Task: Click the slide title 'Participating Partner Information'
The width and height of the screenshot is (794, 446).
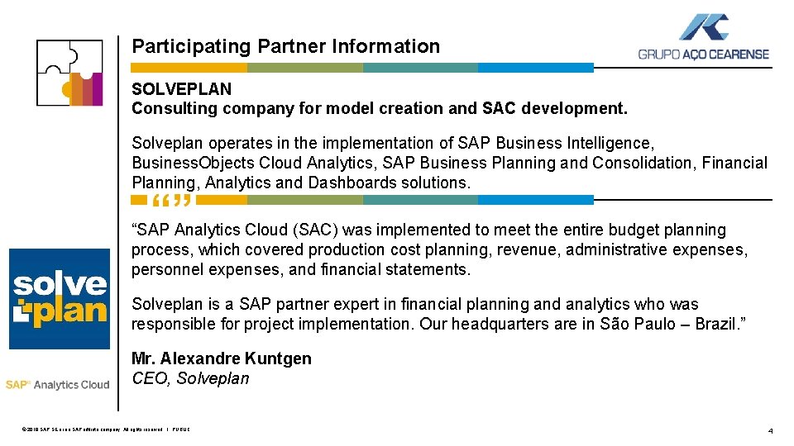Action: [x=286, y=46]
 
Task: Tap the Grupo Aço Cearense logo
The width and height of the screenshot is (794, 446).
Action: [x=703, y=39]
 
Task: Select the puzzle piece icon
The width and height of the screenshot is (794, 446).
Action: [x=69, y=72]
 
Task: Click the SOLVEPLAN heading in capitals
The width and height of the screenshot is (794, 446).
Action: [x=182, y=88]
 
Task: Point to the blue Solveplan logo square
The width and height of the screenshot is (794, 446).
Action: [x=60, y=298]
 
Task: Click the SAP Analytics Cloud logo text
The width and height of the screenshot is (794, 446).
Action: [x=57, y=384]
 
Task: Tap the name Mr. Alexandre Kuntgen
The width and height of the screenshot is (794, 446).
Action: [x=222, y=358]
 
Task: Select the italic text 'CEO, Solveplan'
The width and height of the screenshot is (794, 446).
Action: [x=190, y=379]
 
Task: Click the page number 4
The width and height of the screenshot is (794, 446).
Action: [x=770, y=430]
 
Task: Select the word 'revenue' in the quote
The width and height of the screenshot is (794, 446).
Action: [x=529, y=249]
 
